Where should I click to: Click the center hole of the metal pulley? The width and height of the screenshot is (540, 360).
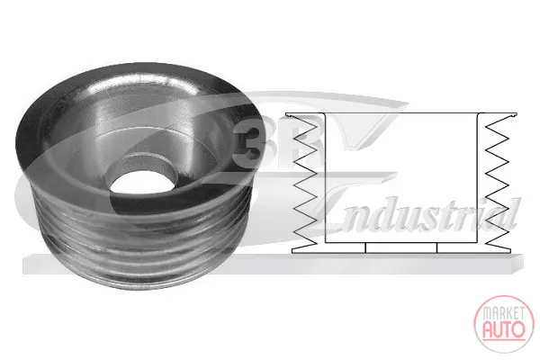(x=143, y=182)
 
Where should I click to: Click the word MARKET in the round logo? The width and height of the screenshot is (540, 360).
(x=504, y=313)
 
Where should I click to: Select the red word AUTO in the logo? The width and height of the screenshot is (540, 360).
(x=504, y=329)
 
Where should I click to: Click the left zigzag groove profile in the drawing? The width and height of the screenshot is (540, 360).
(x=304, y=182)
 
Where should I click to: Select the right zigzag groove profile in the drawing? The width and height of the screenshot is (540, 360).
(x=497, y=182)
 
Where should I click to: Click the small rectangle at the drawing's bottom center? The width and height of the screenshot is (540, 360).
(x=400, y=247)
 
